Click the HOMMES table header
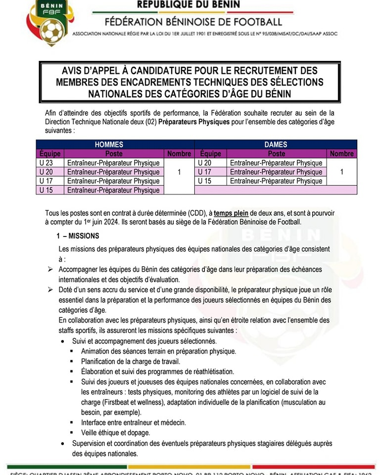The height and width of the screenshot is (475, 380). [x=109, y=144]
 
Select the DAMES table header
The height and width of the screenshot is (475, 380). [x=276, y=144]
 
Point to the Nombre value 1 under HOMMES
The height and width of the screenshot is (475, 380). [x=179, y=172]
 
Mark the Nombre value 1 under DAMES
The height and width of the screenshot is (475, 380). [x=342, y=172]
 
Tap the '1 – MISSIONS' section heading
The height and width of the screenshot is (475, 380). [x=78, y=236]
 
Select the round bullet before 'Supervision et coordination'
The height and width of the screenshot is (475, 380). [x=62, y=443]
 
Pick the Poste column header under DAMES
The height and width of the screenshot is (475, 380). [x=277, y=154]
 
